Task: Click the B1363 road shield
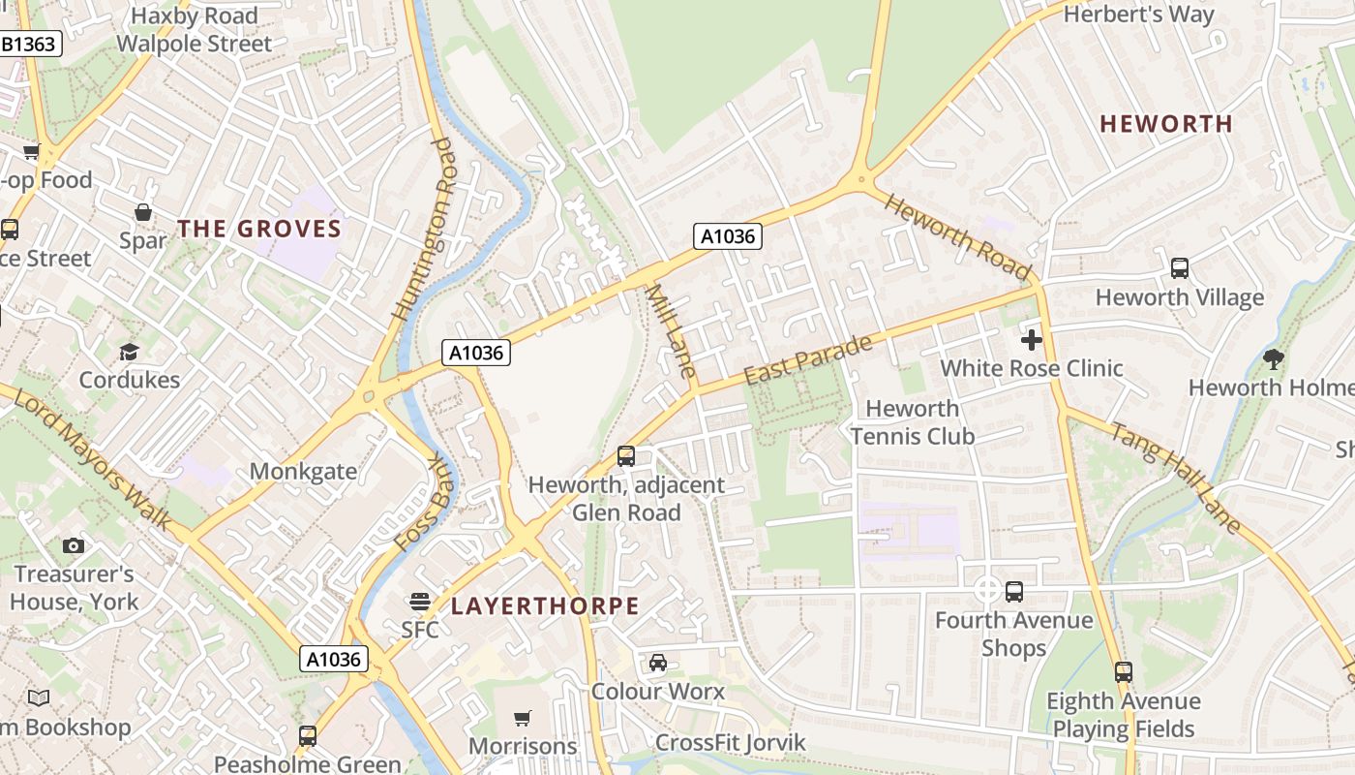coord(30,44)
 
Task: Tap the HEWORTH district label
coord(1166,124)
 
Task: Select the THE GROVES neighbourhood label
coord(259,229)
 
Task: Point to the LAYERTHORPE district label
coord(545,606)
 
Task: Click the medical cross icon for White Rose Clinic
coord(1032,340)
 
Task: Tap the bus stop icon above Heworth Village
coord(1179,268)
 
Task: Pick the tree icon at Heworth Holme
coord(1274,359)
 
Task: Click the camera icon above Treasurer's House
coord(74,545)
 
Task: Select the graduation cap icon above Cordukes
coord(129,352)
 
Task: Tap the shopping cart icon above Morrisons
coord(523,718)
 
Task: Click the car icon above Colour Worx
coord(658,663)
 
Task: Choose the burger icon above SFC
coord(419,602)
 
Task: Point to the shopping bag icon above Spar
coord(143,212)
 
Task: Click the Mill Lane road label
coord(671,330)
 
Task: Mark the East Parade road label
coord(808,359)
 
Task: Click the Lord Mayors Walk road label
coord(94,459)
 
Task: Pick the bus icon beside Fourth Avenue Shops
coord(1014,591)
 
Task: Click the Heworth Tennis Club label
coord(913,422)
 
